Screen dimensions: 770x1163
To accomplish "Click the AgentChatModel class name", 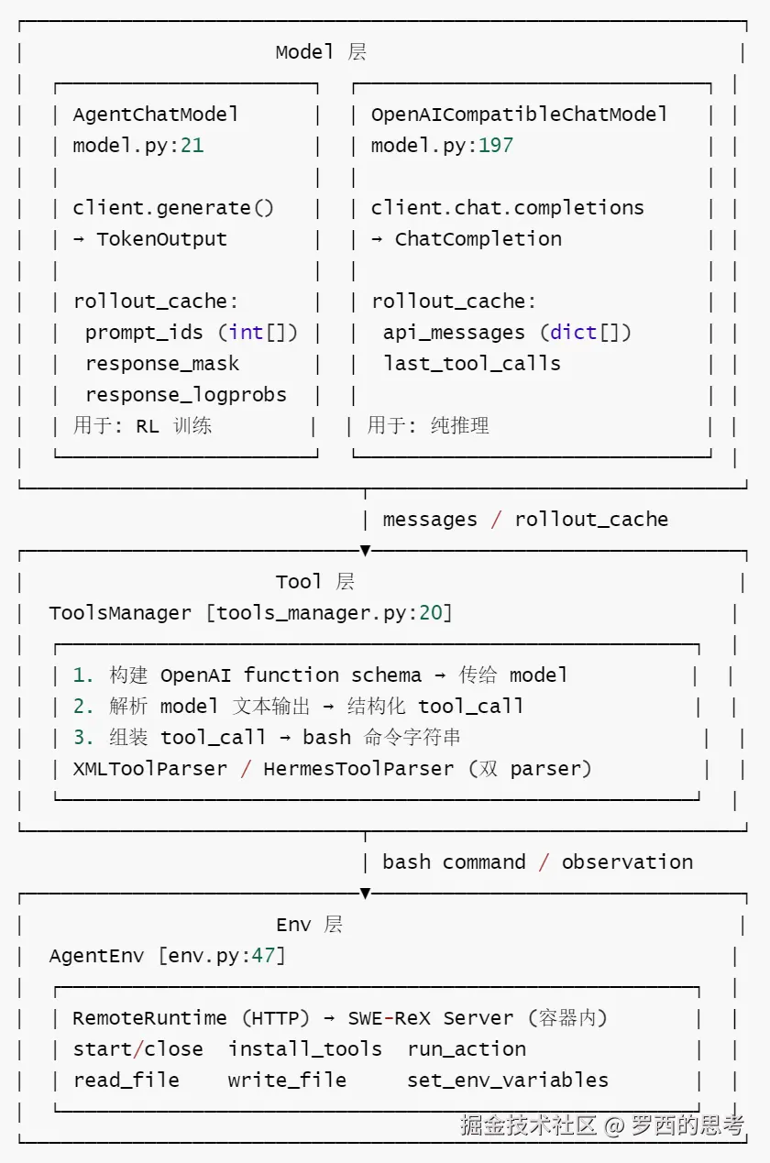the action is [156, 115].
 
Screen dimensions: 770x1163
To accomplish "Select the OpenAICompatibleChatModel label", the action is [519, 115].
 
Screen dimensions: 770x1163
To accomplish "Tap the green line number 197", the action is [496, 146].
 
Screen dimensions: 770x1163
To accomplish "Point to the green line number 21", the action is [192, 146].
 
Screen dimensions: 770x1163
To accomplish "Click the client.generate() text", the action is [173, 208].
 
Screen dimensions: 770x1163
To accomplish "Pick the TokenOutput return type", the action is [162, 239].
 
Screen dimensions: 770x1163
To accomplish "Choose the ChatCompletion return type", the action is [478, 239].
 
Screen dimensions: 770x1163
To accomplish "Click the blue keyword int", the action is [246, 333].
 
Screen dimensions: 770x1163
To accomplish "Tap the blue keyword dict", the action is [573, 333].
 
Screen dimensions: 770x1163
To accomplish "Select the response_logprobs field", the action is [186, 395].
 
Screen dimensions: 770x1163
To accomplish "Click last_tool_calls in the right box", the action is [472, 364].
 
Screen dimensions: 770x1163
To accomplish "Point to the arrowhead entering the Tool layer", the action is [366, 551].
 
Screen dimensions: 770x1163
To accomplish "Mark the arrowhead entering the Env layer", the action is [366, 893].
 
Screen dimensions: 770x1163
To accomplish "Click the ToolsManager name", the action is [120, 613].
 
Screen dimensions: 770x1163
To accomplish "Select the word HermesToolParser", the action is [358, 769].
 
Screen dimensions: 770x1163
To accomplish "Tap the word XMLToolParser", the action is [150, 769].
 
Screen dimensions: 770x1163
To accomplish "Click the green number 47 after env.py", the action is [263, 955].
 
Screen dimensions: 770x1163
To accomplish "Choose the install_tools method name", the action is [304, 1049].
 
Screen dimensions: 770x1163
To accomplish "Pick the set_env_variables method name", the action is [508, 1081].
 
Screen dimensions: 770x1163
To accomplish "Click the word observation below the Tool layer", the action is [627, 861].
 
